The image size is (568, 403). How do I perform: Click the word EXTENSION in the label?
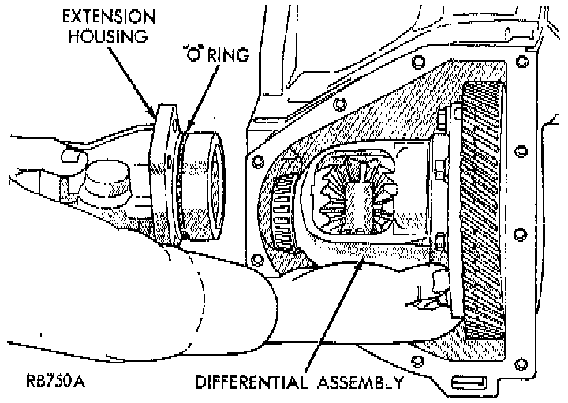click(x=109, y=17)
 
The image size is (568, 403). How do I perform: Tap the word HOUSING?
click(x=109, y=36)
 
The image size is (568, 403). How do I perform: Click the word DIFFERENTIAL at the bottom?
click(x=252, y=382)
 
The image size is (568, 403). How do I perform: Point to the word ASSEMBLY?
click(x=361, y=382)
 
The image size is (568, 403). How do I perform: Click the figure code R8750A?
click(x=56, y=381)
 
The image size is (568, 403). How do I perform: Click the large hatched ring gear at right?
click(x=483, y=210)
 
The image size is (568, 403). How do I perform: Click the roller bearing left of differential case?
click(x=284, y=214)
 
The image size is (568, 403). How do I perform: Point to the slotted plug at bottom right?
click(x=469, y=382)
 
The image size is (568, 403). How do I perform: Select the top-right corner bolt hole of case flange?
click(x=522, y=62)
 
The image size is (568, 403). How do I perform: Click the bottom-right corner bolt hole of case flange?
click(x=521, y=363)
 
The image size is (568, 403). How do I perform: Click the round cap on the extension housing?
click(x=106, y=179)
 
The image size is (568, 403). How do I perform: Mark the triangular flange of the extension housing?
click(x=165, y=174)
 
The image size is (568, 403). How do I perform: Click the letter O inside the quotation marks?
click(x=195, y=55)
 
